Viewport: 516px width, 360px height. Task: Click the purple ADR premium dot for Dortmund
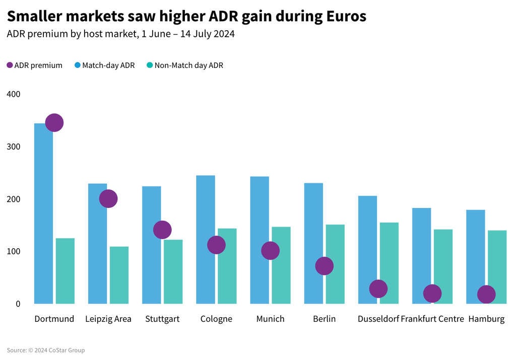tap(54, 122)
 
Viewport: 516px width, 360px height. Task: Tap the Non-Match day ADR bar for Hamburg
tap(497, 267)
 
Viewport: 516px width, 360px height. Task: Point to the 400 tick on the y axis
tap(14, 94)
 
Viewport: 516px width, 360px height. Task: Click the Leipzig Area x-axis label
tap(108, 319)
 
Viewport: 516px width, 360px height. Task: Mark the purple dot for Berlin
tap(324, 266)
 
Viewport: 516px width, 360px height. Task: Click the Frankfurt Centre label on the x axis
tap(432, 319)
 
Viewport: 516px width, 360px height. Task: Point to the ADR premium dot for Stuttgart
tap(162, 230)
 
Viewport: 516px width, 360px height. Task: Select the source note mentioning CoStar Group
tap(46, 350)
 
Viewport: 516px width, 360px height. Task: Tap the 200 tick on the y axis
tap(14, 199)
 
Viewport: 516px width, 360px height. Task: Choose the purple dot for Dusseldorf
tap(378, 289)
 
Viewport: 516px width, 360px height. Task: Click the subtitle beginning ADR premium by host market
tap(121, 34)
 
